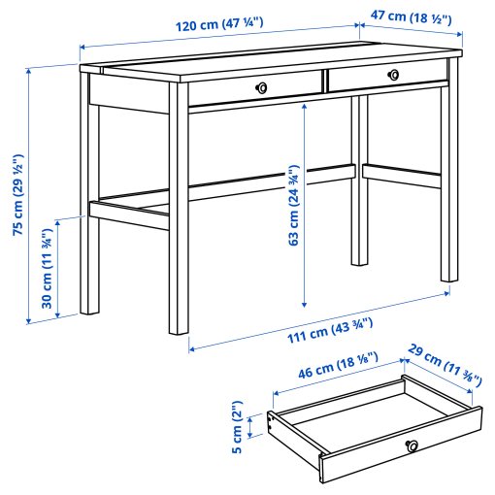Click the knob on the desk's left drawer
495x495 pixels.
[259, 88]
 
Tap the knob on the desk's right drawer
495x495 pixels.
[392, 74]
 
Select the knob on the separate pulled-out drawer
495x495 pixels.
[412, 445]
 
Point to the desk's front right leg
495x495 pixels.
[448, 184]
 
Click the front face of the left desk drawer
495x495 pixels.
[254, 88]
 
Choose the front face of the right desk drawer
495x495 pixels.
[386, 75]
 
